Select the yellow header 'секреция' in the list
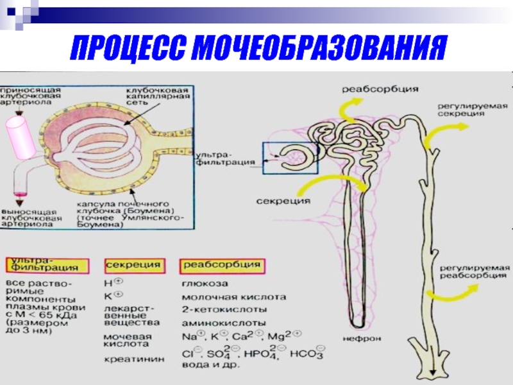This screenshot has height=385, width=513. point(133,264)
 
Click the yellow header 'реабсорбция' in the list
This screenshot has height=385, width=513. point(223,264)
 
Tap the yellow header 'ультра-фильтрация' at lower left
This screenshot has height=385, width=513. point(43,263)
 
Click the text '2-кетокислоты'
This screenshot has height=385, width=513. point(214,309)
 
